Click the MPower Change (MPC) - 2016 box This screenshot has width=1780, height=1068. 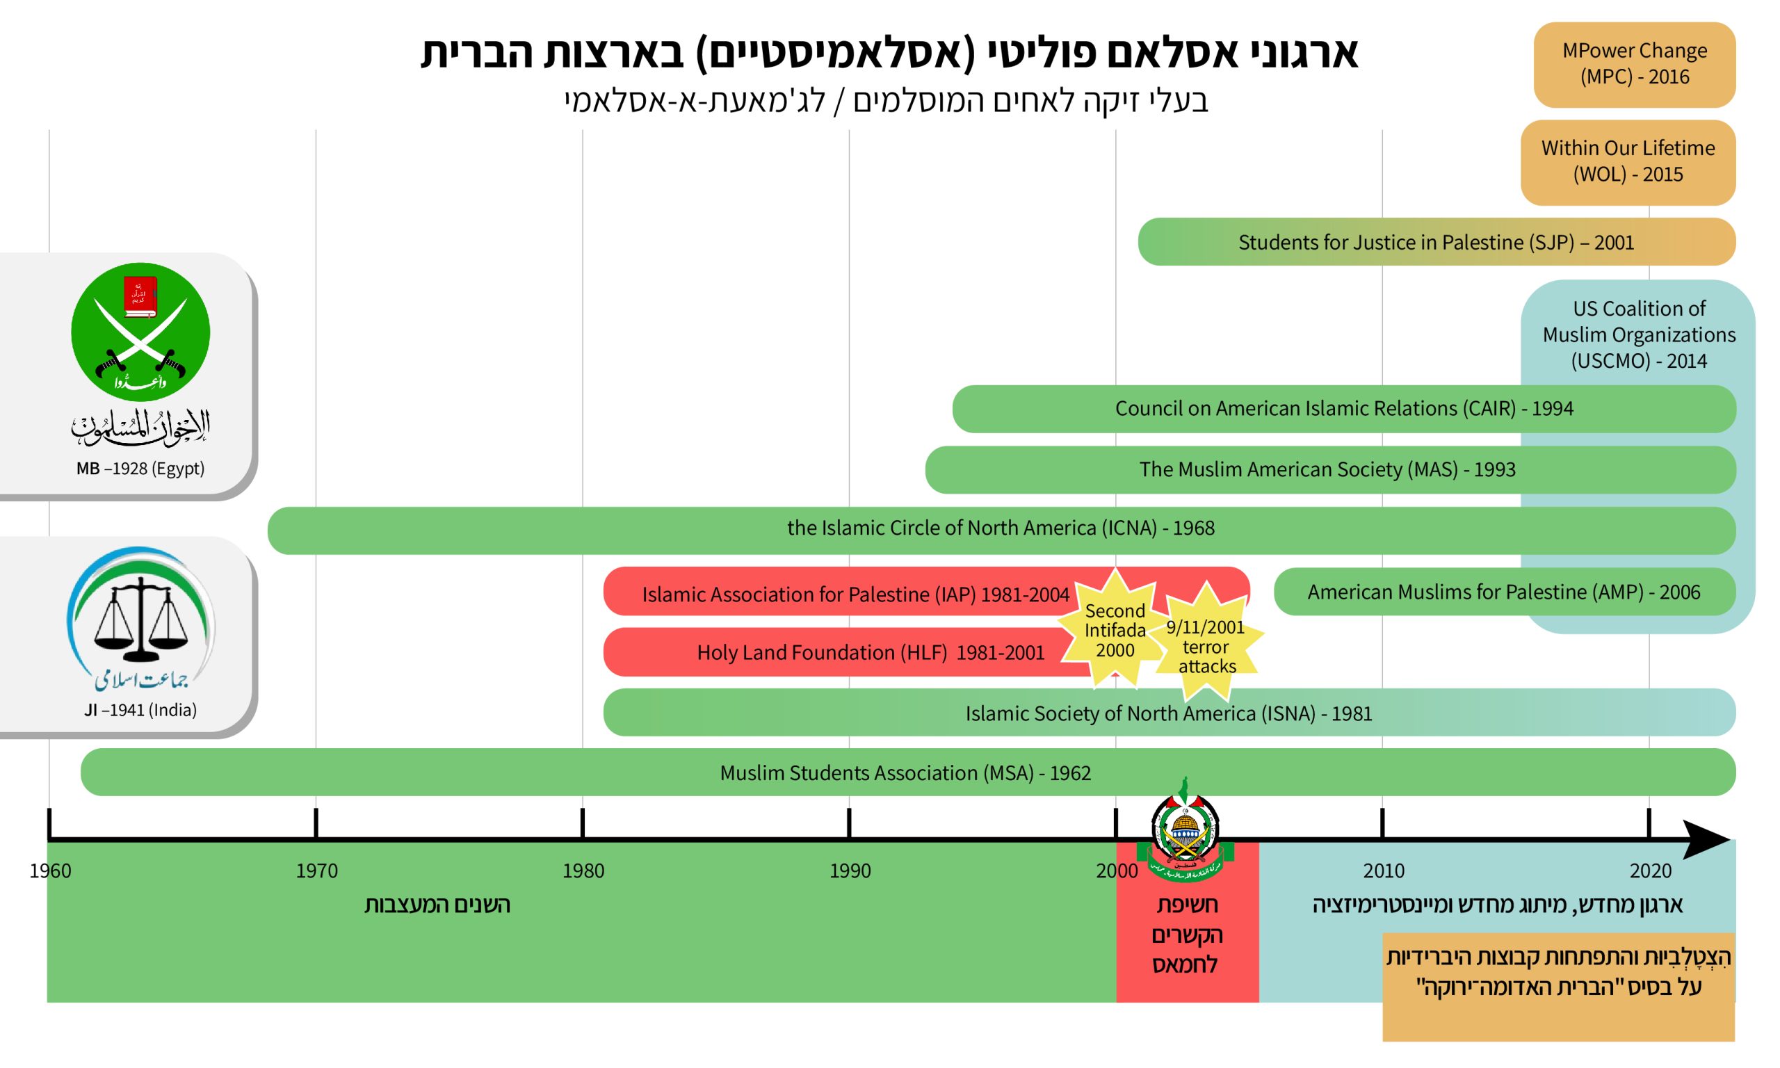click(1634, 65)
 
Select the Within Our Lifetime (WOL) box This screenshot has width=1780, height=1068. click(1628, 163)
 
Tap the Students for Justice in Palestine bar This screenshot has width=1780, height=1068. click(1436, 242)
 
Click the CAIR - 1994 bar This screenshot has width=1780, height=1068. click(1344, 409)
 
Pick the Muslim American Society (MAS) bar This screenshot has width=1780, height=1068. click(1330, 470)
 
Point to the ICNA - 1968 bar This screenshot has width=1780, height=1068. click(1001, 531)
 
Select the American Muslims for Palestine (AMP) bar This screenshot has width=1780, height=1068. click(1505, 592)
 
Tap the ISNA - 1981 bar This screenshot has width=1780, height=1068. click(1169, 713)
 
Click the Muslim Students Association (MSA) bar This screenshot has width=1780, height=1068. click(908, 772)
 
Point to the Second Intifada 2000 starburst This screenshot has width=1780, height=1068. click(1115, 629)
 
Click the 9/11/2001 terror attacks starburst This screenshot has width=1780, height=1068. click(1206, 642)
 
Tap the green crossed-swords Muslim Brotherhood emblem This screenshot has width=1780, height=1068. click(140, 332)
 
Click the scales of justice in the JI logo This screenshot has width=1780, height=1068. click(141, 617)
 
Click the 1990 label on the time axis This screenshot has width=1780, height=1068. click(850, 871)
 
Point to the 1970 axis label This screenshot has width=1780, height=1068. click(316, 871)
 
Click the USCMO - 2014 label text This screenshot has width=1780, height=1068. click(1638, 334)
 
